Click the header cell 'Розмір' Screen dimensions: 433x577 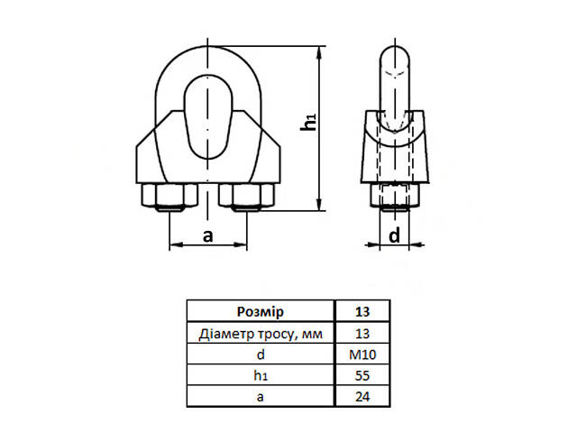[260, 313]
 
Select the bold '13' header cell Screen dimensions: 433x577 [362, 313]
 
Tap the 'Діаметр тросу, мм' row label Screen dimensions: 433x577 [260, 334]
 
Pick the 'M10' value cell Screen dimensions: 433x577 [362, 355]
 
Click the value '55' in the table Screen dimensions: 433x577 [362, 375]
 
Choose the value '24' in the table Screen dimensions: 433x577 [362, 396]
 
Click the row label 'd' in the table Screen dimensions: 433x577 [260, 355]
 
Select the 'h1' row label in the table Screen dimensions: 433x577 [260, 375]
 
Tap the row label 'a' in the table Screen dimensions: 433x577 [260, 396]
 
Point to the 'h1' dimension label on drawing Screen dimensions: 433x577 [309, 124]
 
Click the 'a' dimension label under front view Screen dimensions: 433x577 [207, 235]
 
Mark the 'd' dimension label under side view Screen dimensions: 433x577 [394, 235]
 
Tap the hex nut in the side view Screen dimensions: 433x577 [394, 195]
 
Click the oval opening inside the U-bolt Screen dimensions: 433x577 [208, 117]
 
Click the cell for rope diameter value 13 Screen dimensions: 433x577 [362, 334]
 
